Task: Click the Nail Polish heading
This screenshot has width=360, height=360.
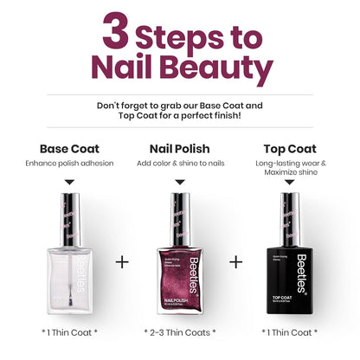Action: pyautogui.click(x=180, y=148)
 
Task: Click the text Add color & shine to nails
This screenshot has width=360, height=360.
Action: pyautogui.click(x=180, y=164)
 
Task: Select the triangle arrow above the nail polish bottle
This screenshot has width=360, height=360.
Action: pyautogui.click(x=180, y=181)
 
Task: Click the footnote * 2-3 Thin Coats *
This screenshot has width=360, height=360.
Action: pyautogui.click(x=180, y=331)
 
